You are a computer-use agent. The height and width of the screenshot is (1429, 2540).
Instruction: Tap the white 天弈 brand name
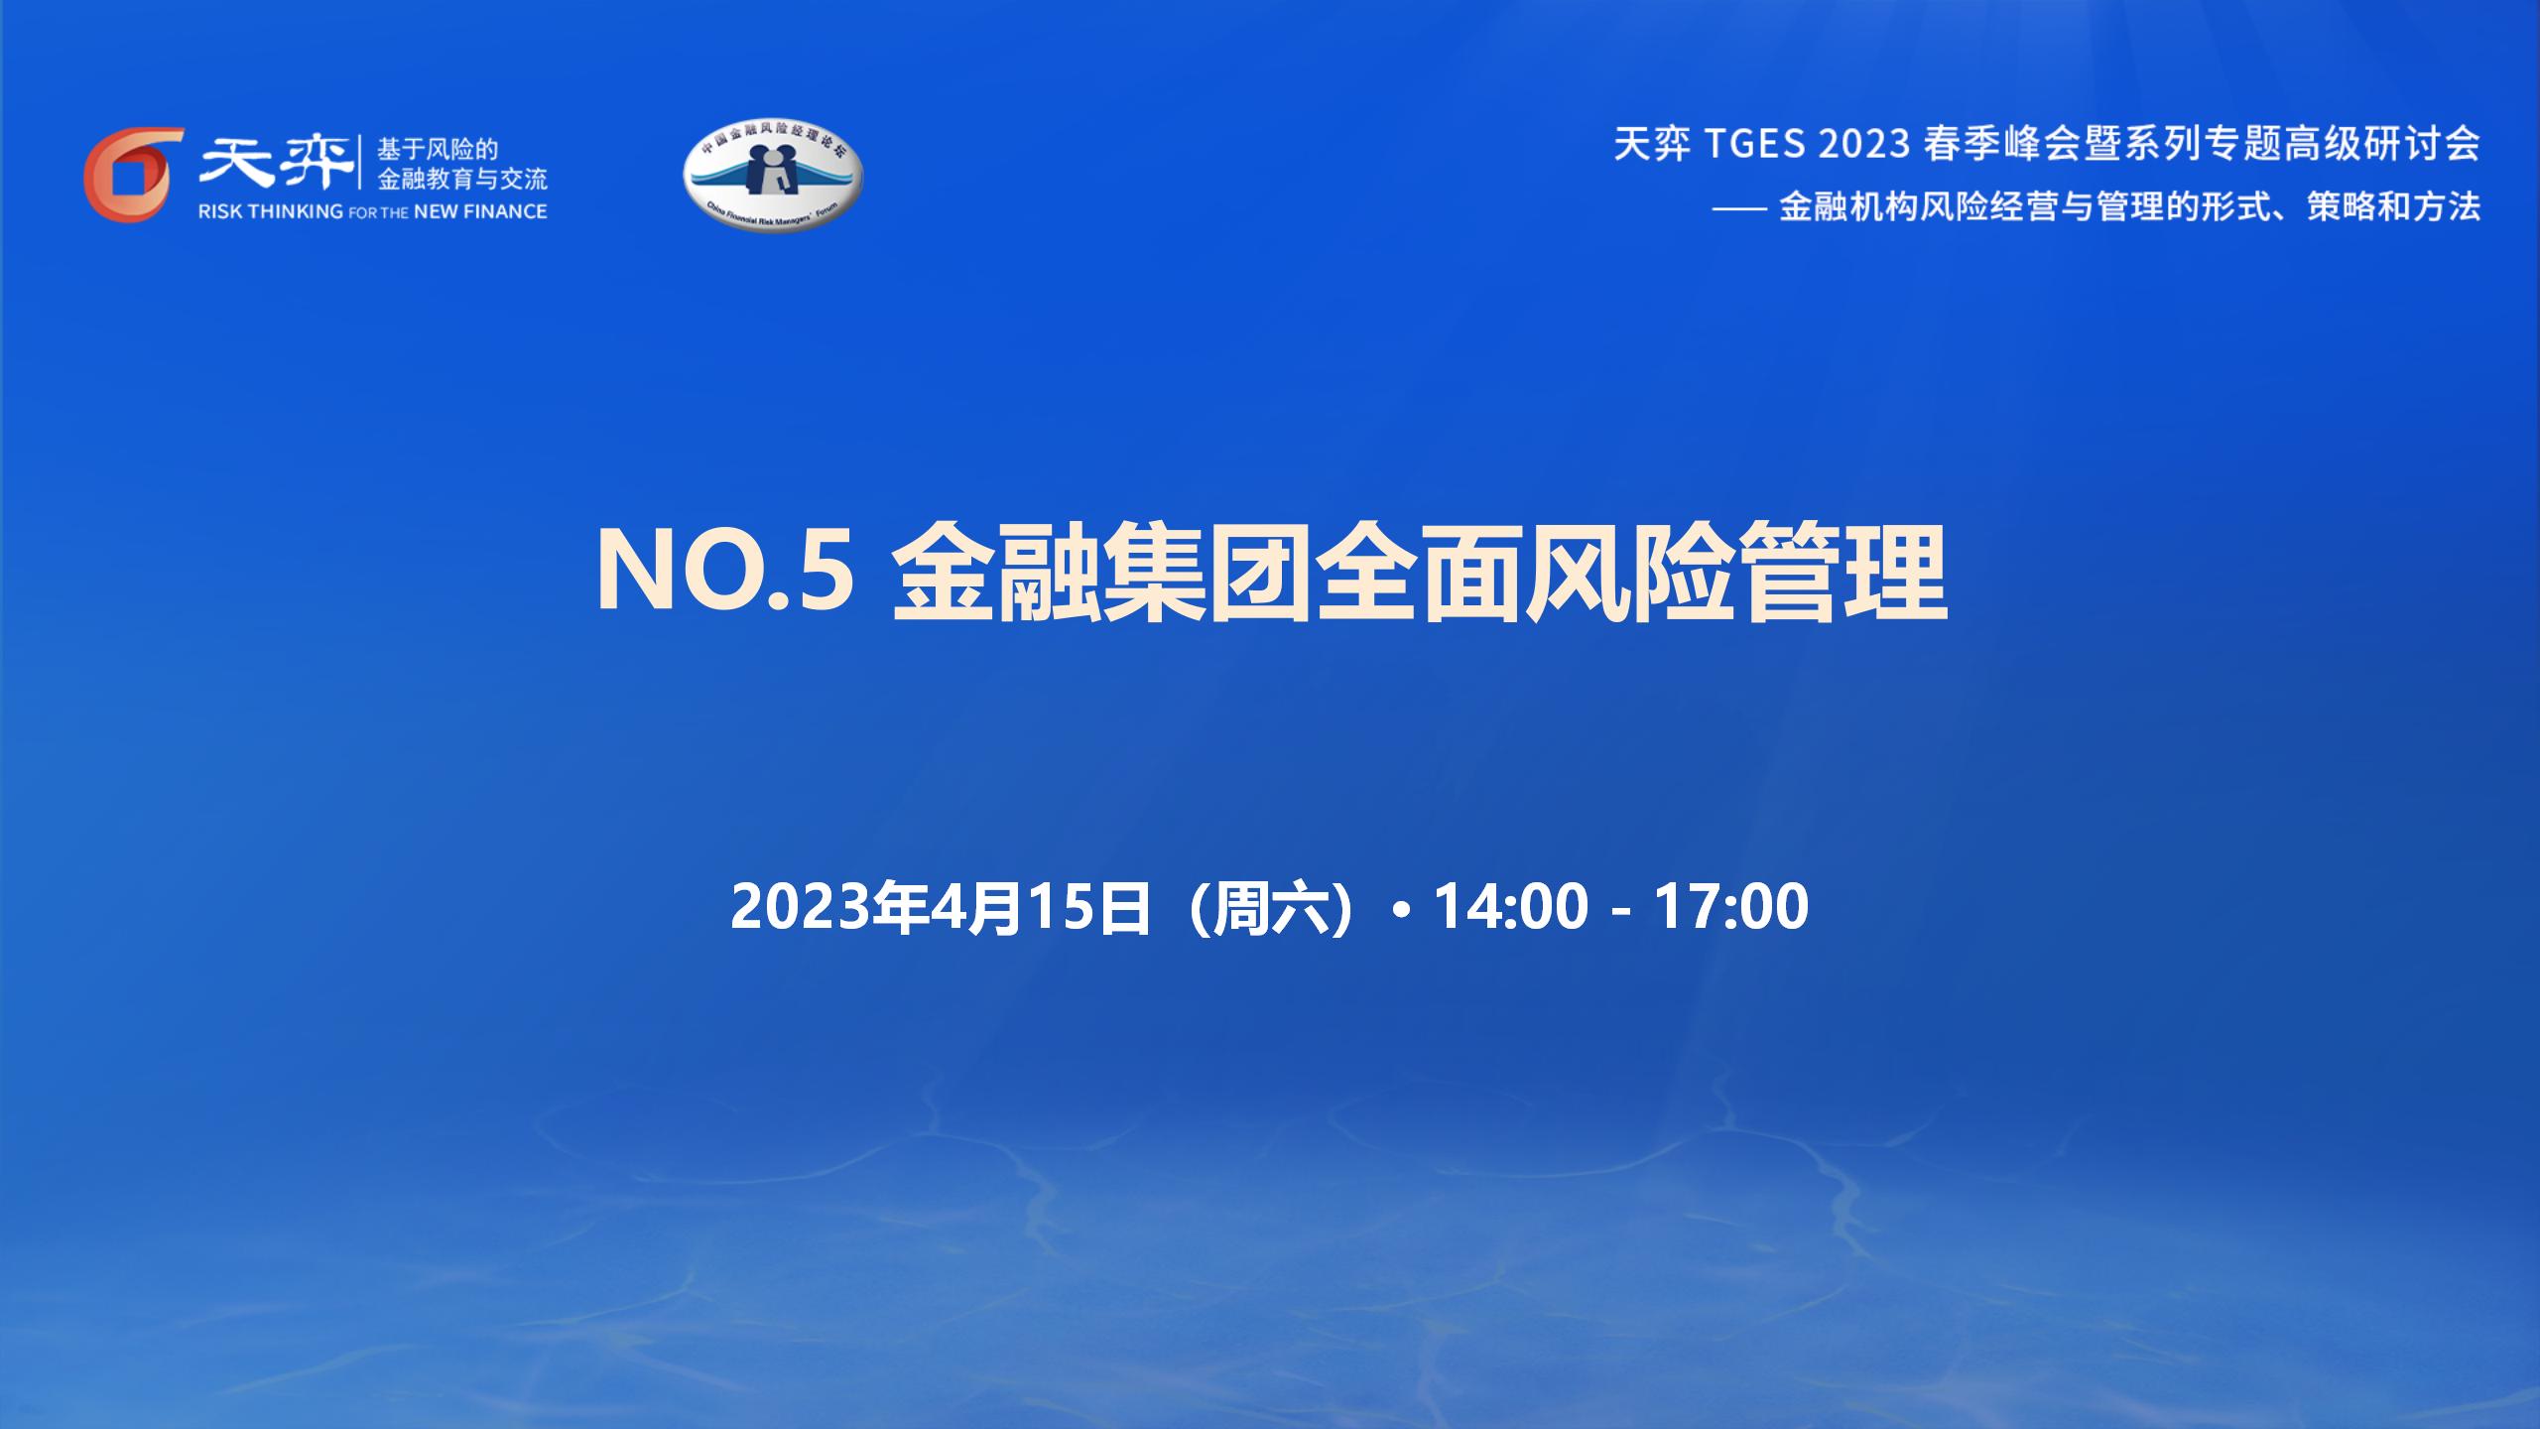pyautogui.click(x=277, y=162)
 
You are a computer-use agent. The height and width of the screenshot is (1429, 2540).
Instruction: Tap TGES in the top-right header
pyautogui.click(x=1756, y=145)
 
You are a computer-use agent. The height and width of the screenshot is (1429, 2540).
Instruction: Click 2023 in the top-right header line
pyautogui.click(x=1865, y=145)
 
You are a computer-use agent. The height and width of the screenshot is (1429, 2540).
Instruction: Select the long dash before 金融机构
pyautogui.click(x=1740, y=208)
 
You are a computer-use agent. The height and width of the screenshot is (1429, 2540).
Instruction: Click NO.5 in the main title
pyautogui.click(x=725, y=573)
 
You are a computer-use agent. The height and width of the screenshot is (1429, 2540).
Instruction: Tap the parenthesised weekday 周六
pyautogui.click(x=1271, y=907)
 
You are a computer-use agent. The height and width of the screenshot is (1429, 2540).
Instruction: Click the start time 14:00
pyautogui.click(x=1511, y=907)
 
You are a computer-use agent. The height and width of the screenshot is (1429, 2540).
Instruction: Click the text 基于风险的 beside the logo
pyautogui.click(x=438, y=150)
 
